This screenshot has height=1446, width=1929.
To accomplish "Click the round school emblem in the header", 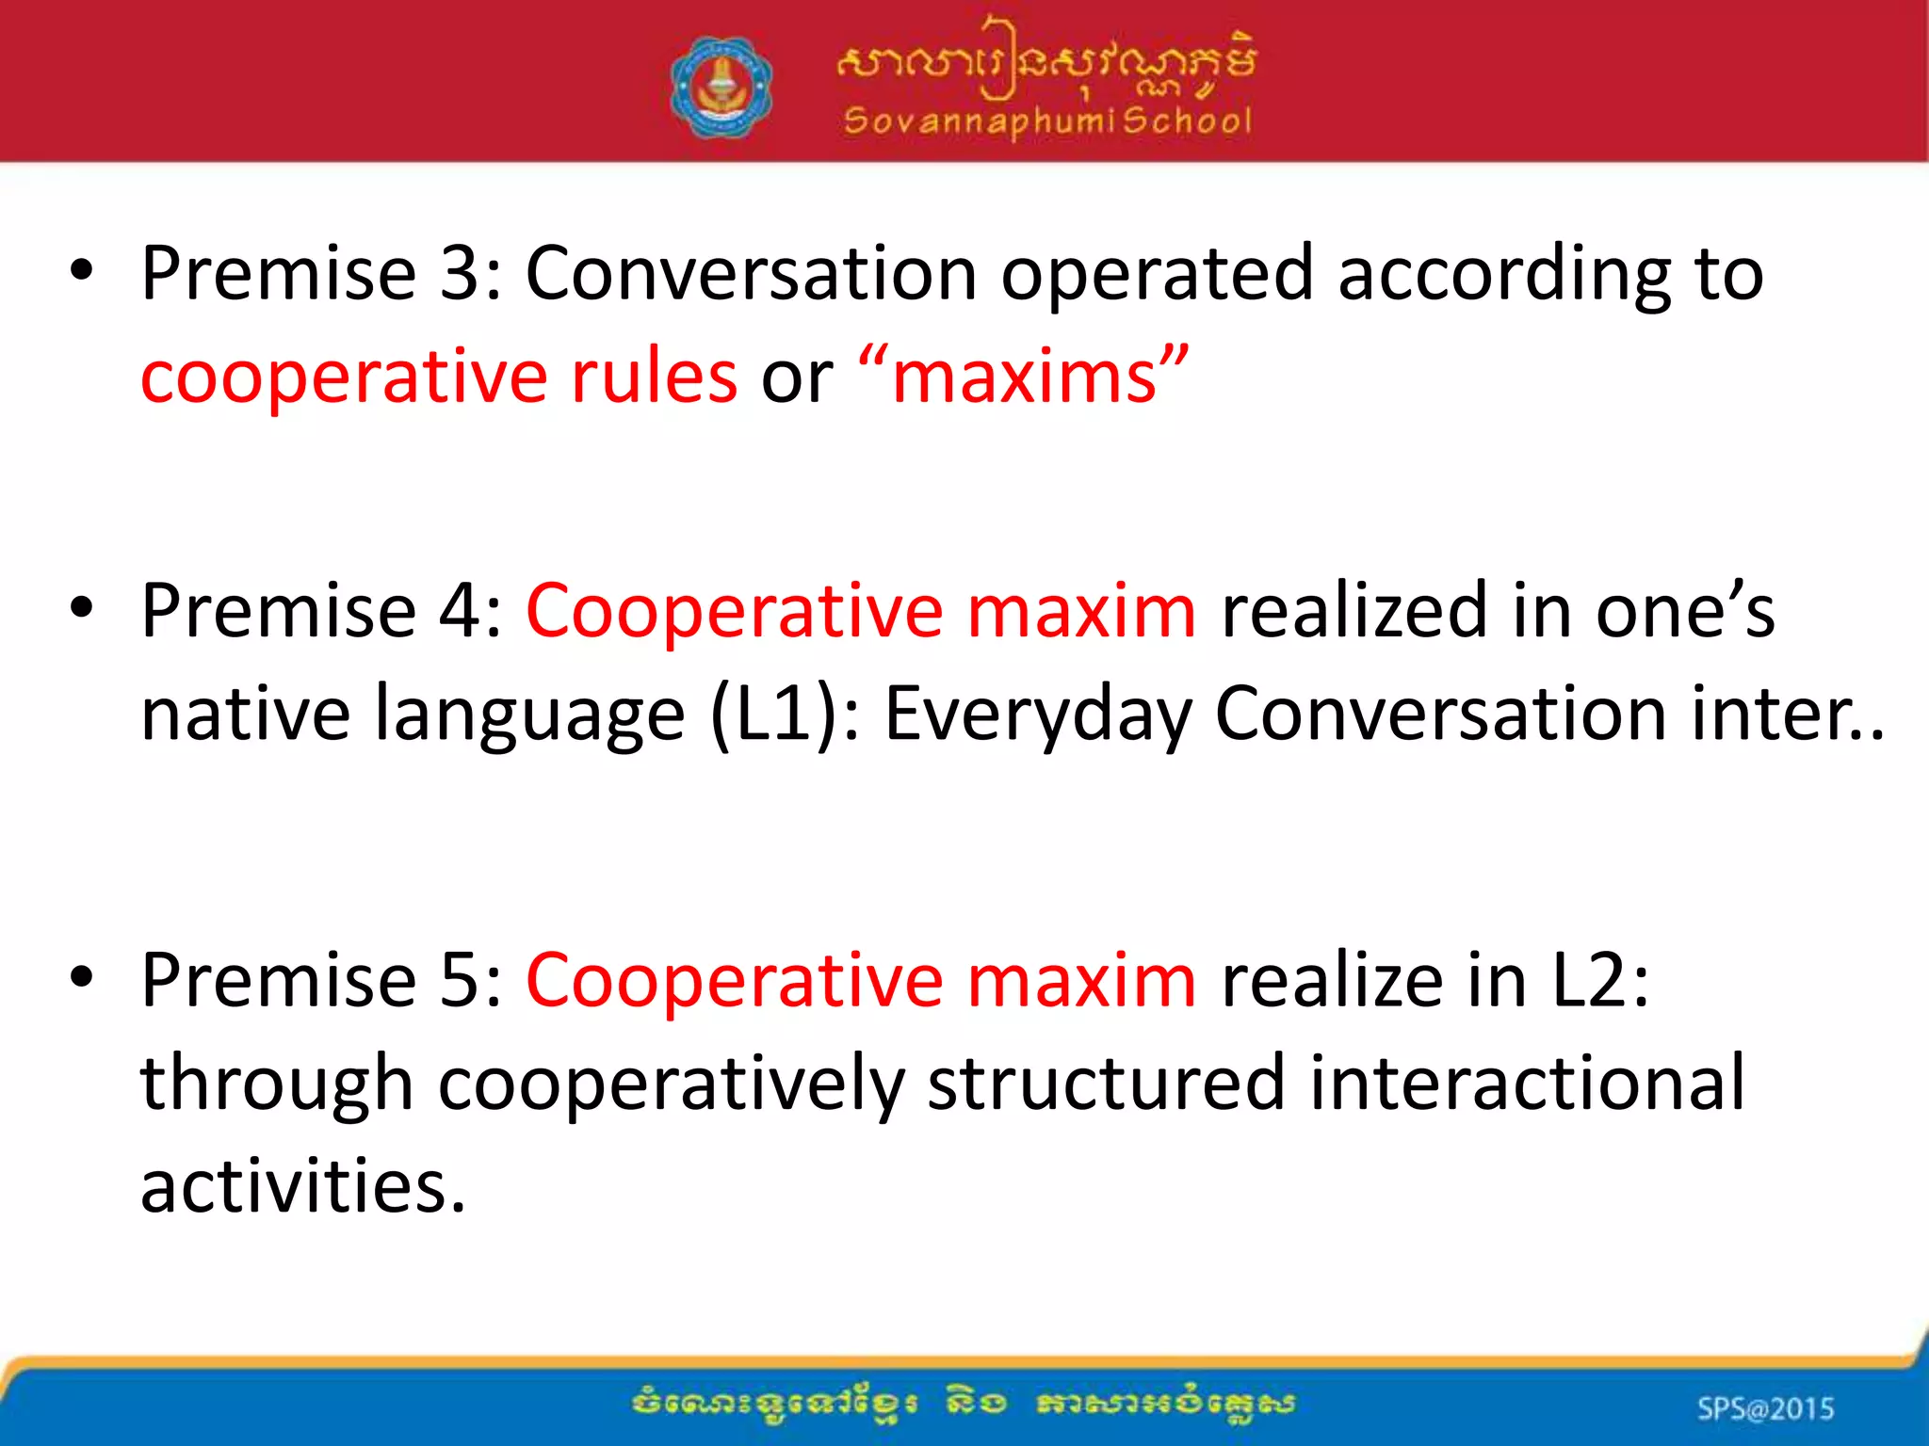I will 721,88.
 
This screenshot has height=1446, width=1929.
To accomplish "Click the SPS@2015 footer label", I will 1765,1408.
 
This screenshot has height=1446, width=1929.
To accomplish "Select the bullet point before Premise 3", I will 82,272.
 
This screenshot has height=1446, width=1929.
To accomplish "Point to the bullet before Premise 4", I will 82,609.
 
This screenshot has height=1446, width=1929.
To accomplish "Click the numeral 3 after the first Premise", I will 460,273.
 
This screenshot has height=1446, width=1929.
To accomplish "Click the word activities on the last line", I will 301,1186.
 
